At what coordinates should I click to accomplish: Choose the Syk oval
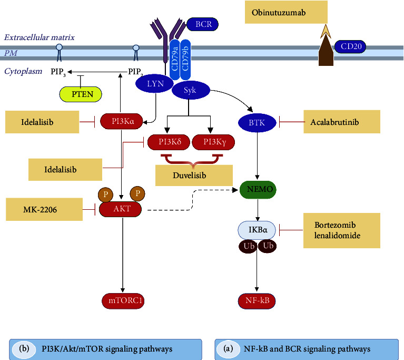(x=190, y=91)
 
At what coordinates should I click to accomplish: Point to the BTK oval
(x=258, y=123)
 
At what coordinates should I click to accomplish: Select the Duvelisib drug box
(x=193, y=174)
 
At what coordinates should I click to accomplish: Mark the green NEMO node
(x=258, y=189)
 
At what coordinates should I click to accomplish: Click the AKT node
(x=122, y=209)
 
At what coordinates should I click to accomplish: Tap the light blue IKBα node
(x=258, y=230)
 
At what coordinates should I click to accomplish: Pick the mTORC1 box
(x=122, y=301)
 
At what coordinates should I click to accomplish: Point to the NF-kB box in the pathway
(x=258, y=301)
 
